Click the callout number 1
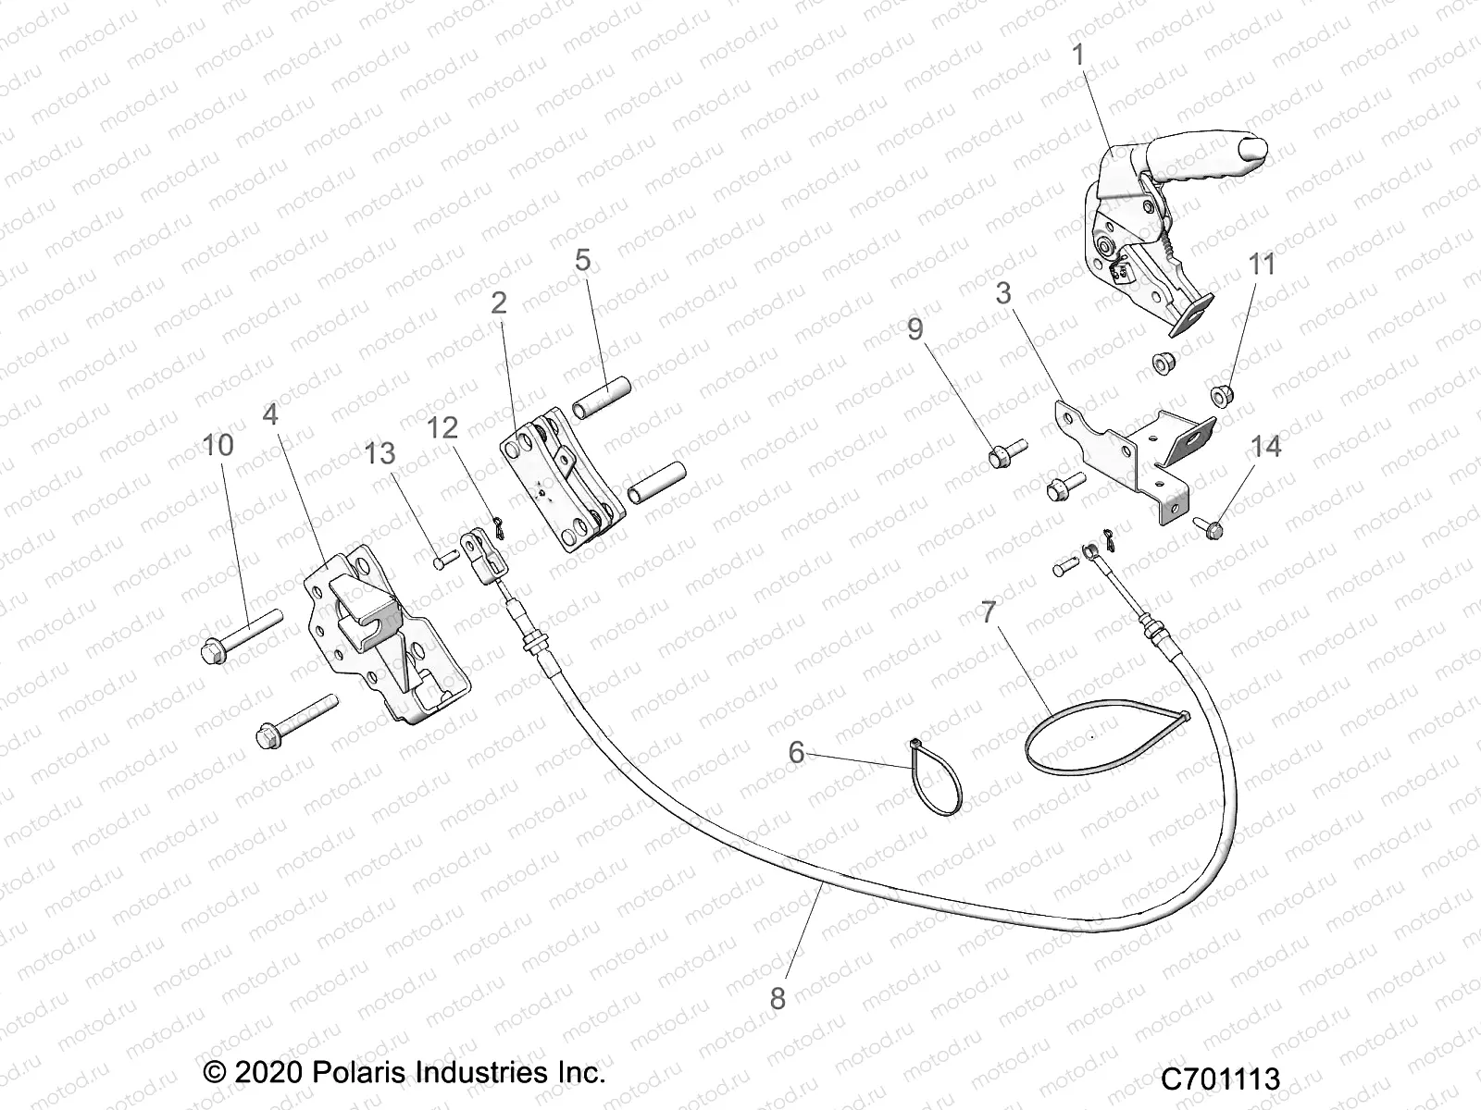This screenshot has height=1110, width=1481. (1077, 55)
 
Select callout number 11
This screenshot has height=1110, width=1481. (1262, 265)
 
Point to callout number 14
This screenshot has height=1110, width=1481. (1265, 447)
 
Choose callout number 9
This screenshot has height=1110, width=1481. (915, 329)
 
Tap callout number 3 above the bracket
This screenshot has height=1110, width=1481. (1003, 294)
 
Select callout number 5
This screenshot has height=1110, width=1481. (582, 260)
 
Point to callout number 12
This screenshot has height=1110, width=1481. (442, 427)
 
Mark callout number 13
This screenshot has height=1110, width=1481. (380, 454)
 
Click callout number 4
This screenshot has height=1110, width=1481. (270, 413)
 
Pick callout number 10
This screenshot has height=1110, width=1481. (218, 445)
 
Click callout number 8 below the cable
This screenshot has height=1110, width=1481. (778, 999)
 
